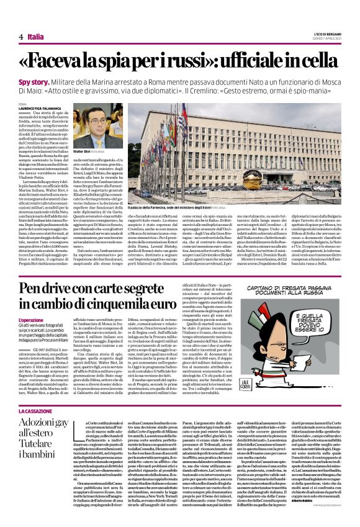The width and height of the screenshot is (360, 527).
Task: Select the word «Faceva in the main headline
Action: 66,61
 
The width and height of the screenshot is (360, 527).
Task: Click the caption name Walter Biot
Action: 81,150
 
